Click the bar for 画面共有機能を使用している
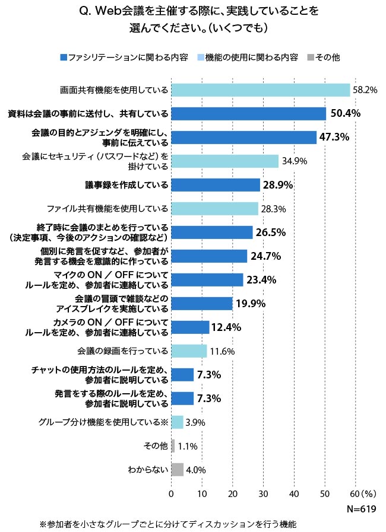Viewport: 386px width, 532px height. [x=260, y=90]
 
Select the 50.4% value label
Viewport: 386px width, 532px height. [x=344, y=113]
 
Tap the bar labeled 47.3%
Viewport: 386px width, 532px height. [x=243, y=137]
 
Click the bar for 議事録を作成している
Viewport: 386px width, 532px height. [x=216, y=185]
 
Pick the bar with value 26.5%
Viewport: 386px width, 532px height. [x=212, y=232]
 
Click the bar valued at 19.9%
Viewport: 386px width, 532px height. [x=202, y=304]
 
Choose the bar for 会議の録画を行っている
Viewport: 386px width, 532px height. [x=189, y=351]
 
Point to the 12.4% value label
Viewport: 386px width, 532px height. [x=227, y=327]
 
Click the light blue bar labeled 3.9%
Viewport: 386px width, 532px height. [x=177, y=422]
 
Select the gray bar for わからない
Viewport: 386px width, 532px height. [x=177, y=470]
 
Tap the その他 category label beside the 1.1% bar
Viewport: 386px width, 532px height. [x=156, y=446]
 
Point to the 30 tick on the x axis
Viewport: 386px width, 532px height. [x=263, y=493]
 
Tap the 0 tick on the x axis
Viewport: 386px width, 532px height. [x=171, y=493]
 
